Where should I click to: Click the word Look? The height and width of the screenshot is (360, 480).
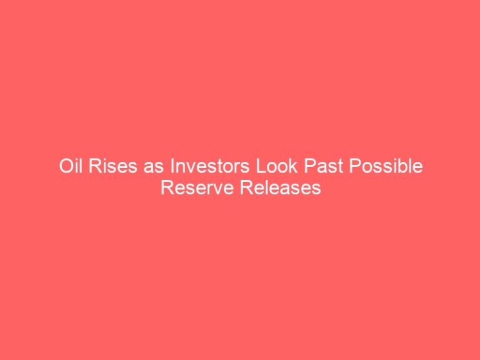(x=277, y=166)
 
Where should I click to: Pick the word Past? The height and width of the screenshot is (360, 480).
(x=324, y=166)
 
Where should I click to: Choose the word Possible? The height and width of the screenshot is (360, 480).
(x=386, y=166)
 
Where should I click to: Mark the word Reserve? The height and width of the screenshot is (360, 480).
(x=197, y=187)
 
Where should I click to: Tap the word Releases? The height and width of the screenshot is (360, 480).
(x=281, y=187)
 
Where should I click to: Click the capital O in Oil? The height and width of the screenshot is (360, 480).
(x=66, y=166)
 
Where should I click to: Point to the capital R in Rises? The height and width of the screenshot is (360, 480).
(x=95, y=166)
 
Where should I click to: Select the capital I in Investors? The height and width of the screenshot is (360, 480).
(x=172, y=166)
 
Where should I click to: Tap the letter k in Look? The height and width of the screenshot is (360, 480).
(x=293, y=166)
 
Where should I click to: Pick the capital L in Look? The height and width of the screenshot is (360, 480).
(x=261, y=166)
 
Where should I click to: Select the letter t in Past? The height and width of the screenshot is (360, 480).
(x=340, y=167)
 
